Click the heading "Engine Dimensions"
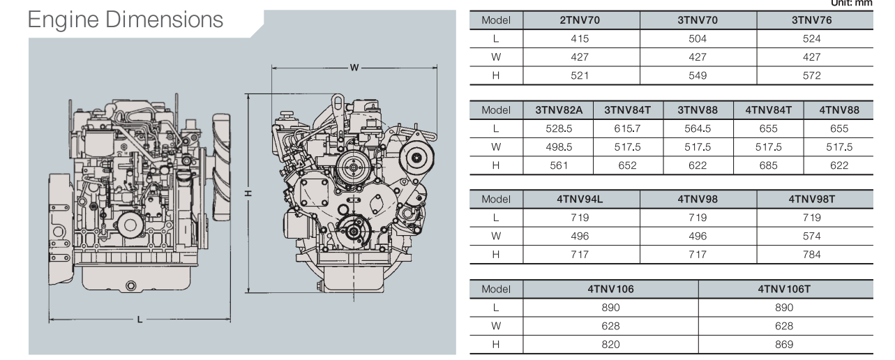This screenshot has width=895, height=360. [x=126, y=20]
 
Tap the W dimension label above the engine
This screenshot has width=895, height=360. [x=354, y=68]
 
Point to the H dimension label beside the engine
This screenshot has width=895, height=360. [x=249, y=193]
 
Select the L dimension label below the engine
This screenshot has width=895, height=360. [x=140, y=320]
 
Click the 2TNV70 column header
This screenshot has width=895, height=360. [x=580, y=21]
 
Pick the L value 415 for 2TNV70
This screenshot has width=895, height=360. [x=580, y=39]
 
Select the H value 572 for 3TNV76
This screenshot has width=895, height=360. [x=811, y=75]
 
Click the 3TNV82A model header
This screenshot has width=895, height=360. [x=558, y=110]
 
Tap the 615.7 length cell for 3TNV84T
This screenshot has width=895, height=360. [x=627, y=128]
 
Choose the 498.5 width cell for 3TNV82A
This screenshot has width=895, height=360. [x=558, y=147]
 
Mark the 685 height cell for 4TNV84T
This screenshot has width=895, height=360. [x=768, y=165]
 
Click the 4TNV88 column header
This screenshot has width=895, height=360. [x=838, y=110]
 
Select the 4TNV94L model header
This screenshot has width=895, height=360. [x=580, y=200]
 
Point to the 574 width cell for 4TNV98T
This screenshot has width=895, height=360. [x=811, y=236]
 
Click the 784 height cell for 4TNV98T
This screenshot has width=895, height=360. [x=811, y=255]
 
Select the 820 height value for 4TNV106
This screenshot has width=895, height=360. [x=610, y=344]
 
